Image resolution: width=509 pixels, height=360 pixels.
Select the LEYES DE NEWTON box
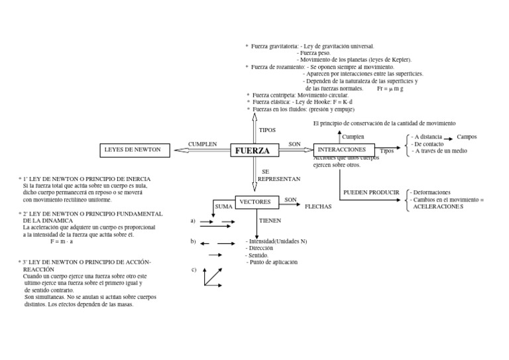coord(133,150)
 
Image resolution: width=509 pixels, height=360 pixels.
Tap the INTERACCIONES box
coord(343,150)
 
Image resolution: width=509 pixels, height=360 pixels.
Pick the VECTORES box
coord(255,202)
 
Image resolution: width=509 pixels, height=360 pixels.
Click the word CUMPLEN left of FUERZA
coord(203,144)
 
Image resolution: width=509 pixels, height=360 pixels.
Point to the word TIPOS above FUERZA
coord(267,131)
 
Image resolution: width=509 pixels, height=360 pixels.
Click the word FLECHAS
coord(318,207)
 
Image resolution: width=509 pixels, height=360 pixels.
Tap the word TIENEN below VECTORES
coord(270,220)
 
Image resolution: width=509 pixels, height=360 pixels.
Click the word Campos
coord(467,137)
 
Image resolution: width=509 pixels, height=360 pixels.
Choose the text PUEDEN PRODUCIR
coord(371,193)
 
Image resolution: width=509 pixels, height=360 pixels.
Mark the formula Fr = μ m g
coord(391,88)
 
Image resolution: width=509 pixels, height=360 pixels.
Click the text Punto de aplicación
coord(272,263)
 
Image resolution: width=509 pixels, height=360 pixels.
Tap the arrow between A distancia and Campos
coord(448,137)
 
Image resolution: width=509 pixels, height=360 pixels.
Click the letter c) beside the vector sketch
coord(194,269)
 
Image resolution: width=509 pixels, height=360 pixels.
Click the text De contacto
coord(429,144)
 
